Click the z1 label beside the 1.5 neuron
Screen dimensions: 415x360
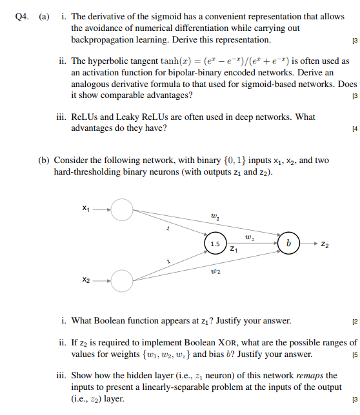(x=233, y=249)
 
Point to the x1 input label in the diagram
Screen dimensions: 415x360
(x=86, y=208)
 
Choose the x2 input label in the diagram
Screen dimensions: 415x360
(x=86, y=280)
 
